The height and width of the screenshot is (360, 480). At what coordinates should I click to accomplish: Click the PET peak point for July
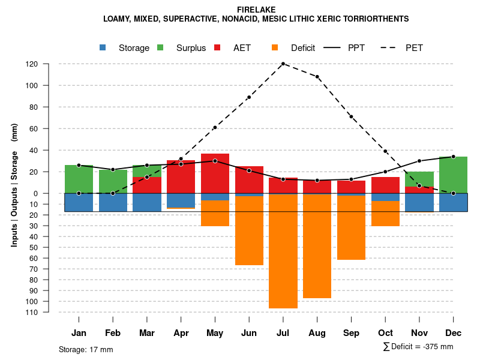pos(283,64)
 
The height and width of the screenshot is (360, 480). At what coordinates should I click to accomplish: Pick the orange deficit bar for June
pos(249,230)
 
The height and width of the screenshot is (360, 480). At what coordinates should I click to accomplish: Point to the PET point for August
pos(317,77)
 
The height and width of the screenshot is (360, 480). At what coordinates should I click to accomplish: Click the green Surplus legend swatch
pos(161,47)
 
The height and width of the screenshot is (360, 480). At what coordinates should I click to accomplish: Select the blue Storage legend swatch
pos(103,47)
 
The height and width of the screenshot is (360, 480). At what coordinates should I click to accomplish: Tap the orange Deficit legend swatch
pos(275,47)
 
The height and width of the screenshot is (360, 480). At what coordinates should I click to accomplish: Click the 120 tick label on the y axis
pos(49,64)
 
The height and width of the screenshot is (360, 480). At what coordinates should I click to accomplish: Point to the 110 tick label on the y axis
pos(49,312)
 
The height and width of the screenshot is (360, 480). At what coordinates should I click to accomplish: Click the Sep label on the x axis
pos(351,333)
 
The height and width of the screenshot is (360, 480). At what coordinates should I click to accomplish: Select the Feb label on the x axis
pos(113,333)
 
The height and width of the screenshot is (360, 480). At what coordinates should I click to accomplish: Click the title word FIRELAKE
pos(256,10)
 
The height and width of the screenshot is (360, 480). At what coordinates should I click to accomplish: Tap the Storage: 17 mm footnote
pos(86,349)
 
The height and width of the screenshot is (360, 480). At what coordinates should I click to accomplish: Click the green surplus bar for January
pos(79,179)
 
